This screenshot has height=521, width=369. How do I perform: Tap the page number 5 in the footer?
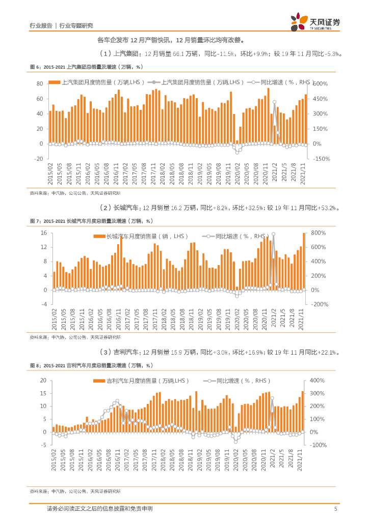pos(335,509)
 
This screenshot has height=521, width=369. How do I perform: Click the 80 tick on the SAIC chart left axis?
pos(39,83)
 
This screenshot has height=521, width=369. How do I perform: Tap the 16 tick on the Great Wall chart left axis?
pos(43,233)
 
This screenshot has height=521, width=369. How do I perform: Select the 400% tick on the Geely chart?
pos(318,381)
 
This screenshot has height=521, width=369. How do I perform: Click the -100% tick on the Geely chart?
pos(319,445)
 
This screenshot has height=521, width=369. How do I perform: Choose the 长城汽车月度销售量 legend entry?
pos(143,236)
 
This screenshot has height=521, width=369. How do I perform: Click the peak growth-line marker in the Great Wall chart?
pos(273,234)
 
